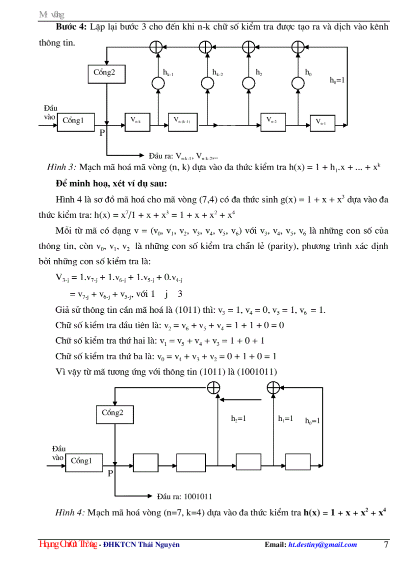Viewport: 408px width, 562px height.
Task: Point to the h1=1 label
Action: pos(285,419)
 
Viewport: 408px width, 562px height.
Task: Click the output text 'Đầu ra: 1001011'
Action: pos(184,497)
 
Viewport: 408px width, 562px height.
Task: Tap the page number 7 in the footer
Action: pos(386,544)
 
